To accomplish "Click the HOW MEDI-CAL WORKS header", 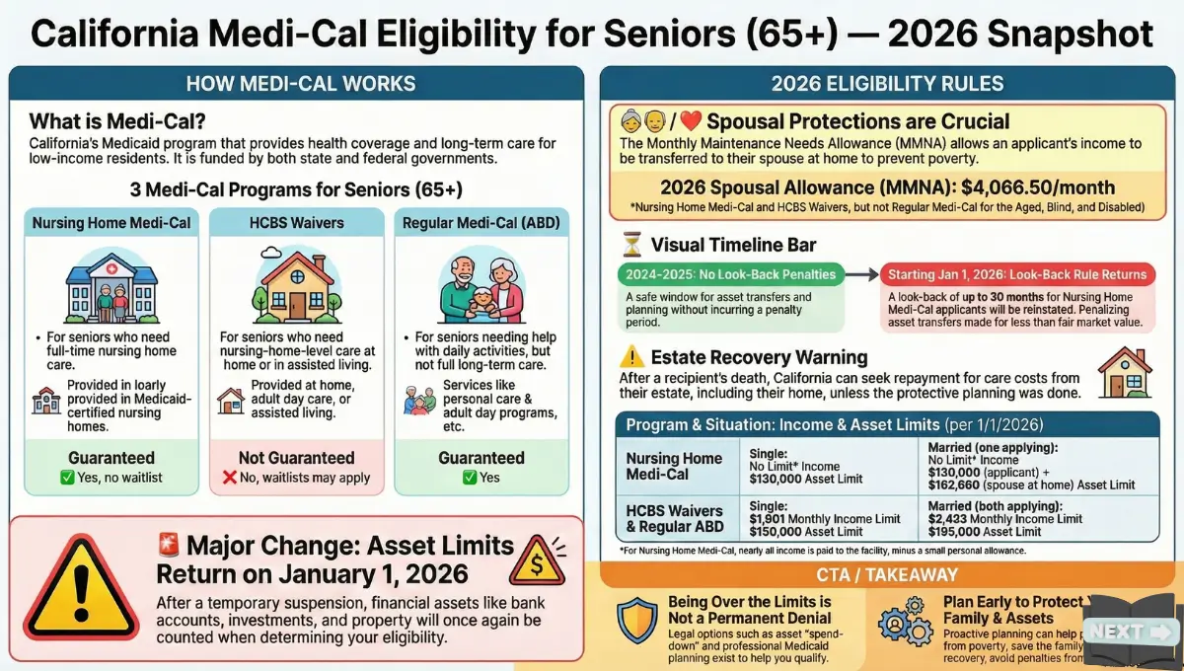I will tap(300, 83).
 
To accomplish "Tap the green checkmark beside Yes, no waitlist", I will tap(67, 478).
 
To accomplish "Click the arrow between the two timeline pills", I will tap(861, 274).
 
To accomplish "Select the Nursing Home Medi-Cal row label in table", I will tap(674, 466).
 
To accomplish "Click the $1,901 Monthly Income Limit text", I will tap(825, 518).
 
